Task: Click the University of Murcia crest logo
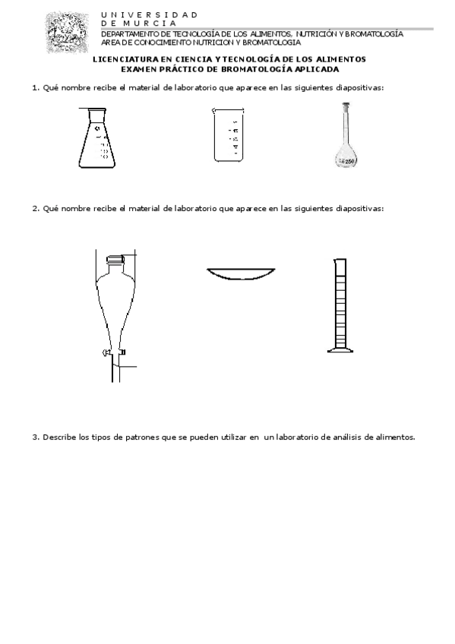pyautogui.click(x=68, y=33)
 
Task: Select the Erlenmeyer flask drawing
pyautogui.click(x=96, y=137)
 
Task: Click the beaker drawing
pyautogui.click(x=229, y=134)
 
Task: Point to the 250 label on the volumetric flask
pyautogui.click(x=349, y=162)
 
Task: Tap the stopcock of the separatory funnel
pyautogui.click(x=114, y=352)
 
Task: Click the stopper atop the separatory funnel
pyautogui.click(x=115, y=259)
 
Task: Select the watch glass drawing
pyautogui.click(x=241, y=274)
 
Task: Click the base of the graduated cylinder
pyautogui.click(x=340, y=350)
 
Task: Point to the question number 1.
pyautogui.click(x=36, y=88)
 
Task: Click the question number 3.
pyautogui.click(x=36, y=437)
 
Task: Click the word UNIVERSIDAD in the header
pyautogui.click(x=150, y=14)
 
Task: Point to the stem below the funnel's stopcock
pyautogui.click(x=115, y=368)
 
